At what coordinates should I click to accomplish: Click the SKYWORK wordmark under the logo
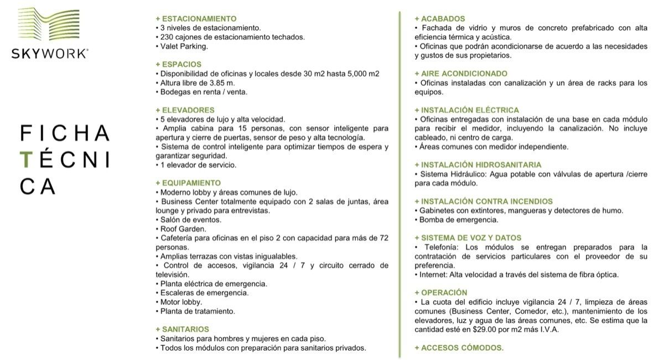(x=49, y=54)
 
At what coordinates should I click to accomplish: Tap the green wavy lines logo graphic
(x=49, y=27)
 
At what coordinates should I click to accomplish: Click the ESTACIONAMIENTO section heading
(x=196, y=18)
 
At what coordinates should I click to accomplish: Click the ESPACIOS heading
(x=179, y=64)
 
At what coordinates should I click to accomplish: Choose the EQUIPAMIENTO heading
(x=189, y=183)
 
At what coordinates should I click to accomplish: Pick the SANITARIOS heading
(x=183, y=329)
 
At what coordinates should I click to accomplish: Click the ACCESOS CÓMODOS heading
(x=459, y=348)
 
